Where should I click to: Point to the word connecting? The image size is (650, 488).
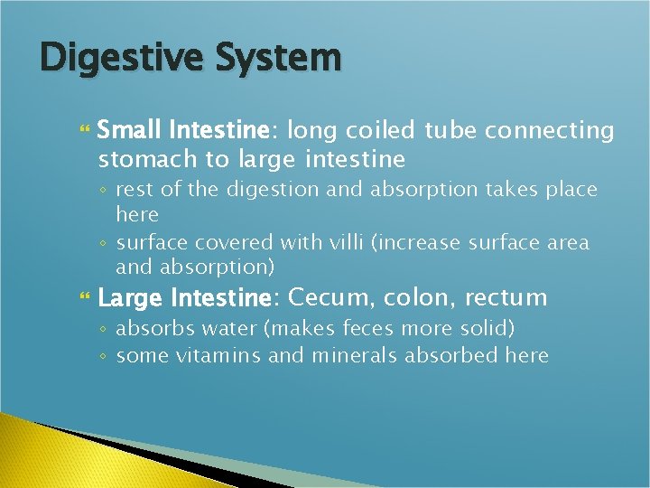[x=549, y=131]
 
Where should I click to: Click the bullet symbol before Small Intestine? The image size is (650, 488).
[x=87, y=132]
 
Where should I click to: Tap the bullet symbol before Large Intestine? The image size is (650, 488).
[x=87, y=297]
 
